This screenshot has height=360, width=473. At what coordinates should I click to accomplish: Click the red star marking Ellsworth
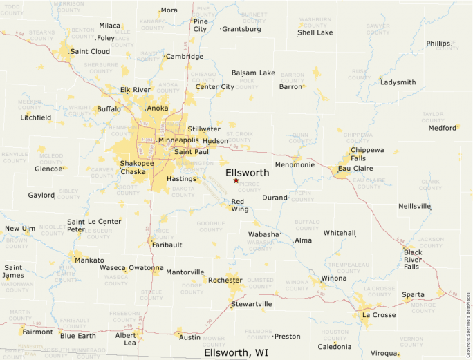point(236,180)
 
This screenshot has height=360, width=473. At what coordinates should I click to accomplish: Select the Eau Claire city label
point(355,168)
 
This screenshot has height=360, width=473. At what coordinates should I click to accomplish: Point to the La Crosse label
point(379,315)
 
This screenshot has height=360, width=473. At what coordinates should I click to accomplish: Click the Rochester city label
point(225,280)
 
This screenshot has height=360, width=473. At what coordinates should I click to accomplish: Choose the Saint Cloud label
point(90,51)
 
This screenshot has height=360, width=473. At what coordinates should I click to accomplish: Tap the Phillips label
point(439,43)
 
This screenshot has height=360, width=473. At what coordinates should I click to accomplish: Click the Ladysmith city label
point(398,82)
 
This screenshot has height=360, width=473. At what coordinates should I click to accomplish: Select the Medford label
point(443,128)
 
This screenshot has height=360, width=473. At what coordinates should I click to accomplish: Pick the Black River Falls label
point(412,259)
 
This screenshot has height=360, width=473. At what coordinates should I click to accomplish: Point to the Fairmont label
point(37,332)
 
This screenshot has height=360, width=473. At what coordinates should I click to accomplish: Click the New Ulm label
point(19,229)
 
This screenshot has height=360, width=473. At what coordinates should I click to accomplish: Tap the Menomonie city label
point(295,165)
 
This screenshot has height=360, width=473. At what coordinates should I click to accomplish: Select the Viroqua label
point(383,354)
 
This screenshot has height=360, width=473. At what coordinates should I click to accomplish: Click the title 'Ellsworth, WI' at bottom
point(236,352)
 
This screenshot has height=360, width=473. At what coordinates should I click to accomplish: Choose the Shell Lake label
point(315,32)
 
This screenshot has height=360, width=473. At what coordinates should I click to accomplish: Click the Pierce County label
point(250,187)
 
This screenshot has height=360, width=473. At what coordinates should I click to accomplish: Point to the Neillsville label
point(415,206)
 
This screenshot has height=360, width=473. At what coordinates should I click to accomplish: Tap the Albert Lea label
point(126,339)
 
